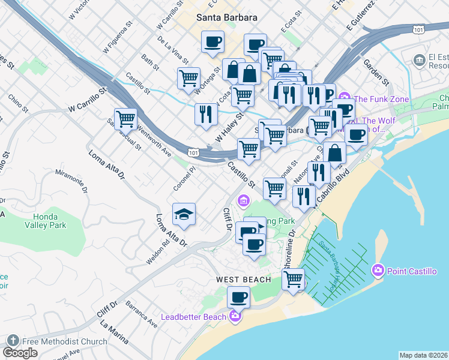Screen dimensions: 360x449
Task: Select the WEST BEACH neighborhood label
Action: (x=244, y=280)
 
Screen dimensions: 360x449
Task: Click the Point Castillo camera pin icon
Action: (x=378, y=271)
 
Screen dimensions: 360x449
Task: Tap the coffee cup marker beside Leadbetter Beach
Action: (x=239, y=298)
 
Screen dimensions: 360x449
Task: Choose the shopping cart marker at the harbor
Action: (x=293, y=278)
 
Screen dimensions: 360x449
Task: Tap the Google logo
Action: (x=20, y=353)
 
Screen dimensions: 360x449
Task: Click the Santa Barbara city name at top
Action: (x=228, y=17)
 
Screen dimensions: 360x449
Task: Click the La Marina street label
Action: (x=114, y=335)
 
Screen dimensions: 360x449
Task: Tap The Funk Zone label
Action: (x=381, y=99)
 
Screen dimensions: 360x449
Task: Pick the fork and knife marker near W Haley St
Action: (x=206, y=114)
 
